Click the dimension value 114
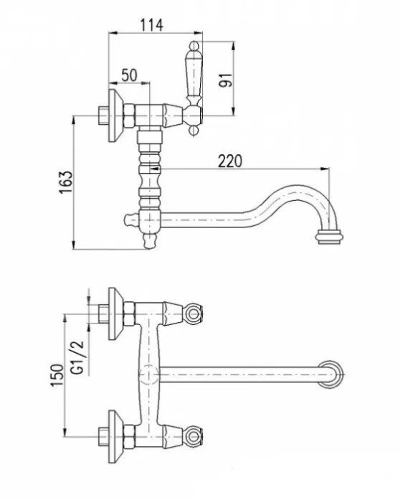[151, 24]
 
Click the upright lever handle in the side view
[194, 75]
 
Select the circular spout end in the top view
[330, 373]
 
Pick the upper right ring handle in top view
[193, 313]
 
